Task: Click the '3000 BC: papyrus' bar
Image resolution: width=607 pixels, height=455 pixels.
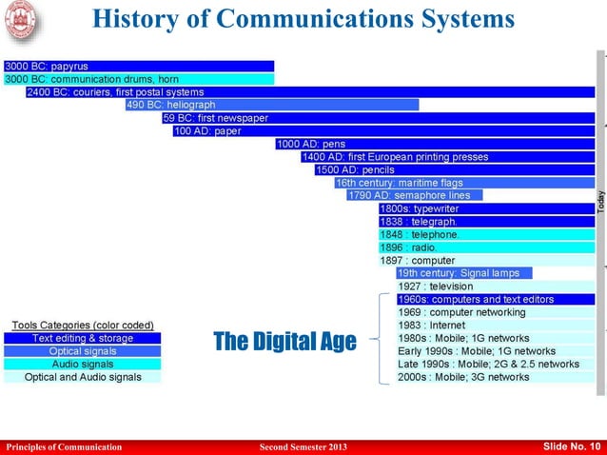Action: pyautogui.click(x=138, y=67)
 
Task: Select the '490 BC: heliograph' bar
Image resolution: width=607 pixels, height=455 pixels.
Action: pyautogui.click(x=271, y=105)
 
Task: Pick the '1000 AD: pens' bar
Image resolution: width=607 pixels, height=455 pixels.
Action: pyautogui.click(x=435, y=144)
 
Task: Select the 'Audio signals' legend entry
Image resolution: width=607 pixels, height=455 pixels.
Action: pyautogui.click(x=84, y=364)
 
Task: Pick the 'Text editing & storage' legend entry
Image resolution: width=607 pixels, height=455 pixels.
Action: pyautogui.click(x=84, y=338)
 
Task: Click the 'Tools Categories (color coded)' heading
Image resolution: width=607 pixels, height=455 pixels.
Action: pyautogui.click(x=83, y=326)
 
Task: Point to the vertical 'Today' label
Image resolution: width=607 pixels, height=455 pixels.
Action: pyautogui.click(x=600, y=201)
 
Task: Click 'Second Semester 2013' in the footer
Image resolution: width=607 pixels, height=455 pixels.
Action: pyautogui.click(x=303, y=447)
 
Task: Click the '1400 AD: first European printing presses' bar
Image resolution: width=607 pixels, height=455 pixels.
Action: pyautogui.click(x=447, y=156)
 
